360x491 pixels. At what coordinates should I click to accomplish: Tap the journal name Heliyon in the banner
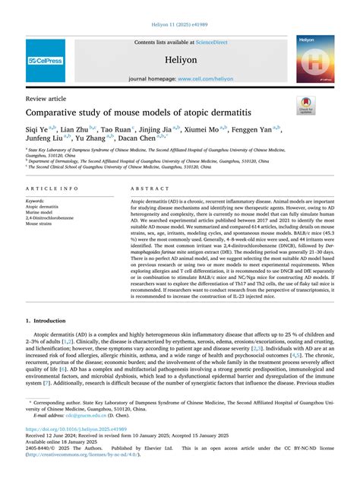(180, 59)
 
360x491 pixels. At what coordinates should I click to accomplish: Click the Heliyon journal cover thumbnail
(315, 59)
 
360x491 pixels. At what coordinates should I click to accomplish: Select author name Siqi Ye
(38, 130)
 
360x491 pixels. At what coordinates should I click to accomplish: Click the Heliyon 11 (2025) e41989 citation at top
(179, 25)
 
